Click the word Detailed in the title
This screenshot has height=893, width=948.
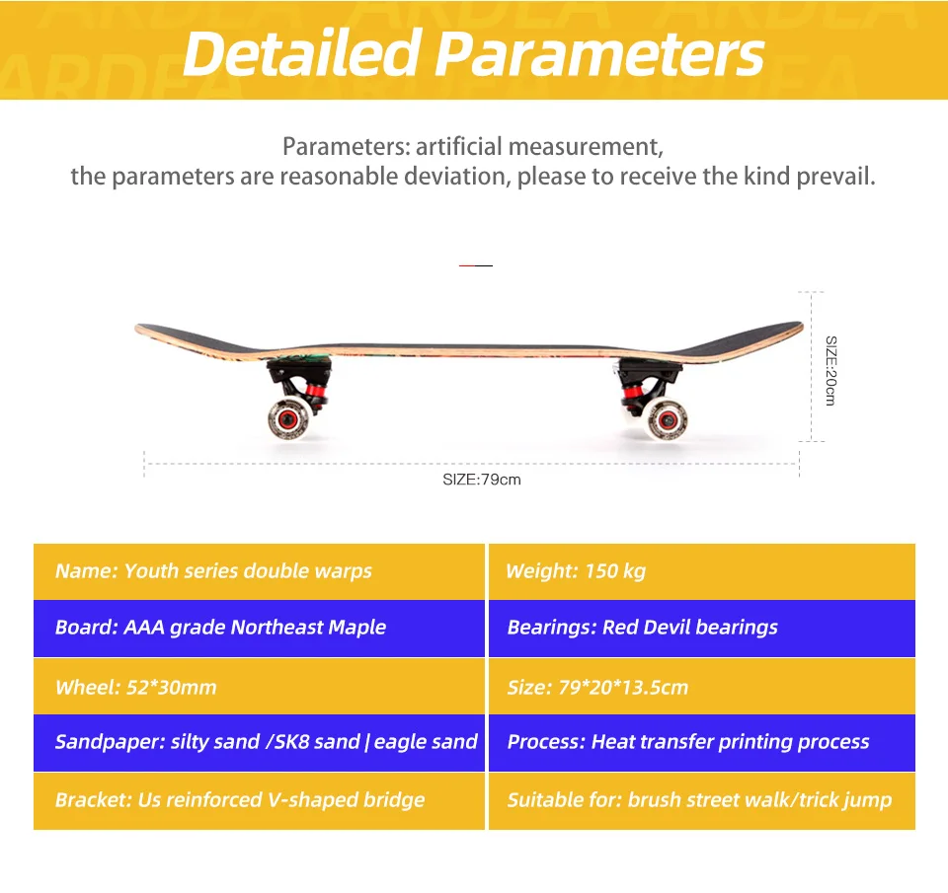pyautogui.click(x=302, y=53)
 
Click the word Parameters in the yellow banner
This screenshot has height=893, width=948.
pyautogui.click(x=599, y=53)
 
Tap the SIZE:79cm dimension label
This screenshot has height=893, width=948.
pyautogui.click(x=482, y=480)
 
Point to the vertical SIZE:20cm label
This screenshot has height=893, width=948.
pyautogui.click(x=831, y=370)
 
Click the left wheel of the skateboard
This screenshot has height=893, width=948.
pyautogui.click(x=288, y=418)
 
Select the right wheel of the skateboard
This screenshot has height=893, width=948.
pyautogui.click(x=667, y=419)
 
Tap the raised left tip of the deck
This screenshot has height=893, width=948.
pyautogui.click(x=137, y=328)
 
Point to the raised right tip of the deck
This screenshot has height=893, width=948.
pyautogui.click(x=801, y=327)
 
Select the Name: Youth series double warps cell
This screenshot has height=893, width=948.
pyautogui.click(x=259, y=571)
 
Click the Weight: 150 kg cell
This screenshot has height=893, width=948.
pyautogui.click(x=702, y=571)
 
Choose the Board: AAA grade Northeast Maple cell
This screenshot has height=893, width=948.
pyautogui.click(x=259, y=628)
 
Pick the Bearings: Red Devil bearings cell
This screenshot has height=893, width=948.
pyautogui.click(x=702, y=628)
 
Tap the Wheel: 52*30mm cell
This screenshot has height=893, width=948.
pyautogui.click(x=259, y=687)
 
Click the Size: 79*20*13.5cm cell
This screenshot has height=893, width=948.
pyautogui.click(x=702, y=687)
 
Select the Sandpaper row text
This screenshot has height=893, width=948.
pyautogui.click(x=266, y=742)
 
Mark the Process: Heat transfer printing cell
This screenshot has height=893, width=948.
pyautogui.click(x=702, y=743)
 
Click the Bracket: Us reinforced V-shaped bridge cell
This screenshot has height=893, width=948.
pyautogui.click(x=259, y=801)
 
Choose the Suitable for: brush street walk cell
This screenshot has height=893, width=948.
pyautogui.click(x=702, y=801)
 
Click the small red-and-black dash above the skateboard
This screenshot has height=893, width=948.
pyautogui.click(x=476, y=265)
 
